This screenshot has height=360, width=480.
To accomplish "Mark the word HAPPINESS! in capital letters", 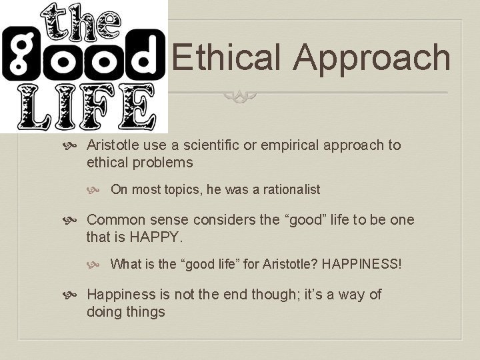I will pos(362,264).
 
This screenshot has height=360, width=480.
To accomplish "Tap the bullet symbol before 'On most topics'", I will pos(99,190).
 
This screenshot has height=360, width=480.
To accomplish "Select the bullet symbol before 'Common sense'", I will pos(75,221).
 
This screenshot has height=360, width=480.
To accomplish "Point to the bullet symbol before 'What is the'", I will pos(99,265).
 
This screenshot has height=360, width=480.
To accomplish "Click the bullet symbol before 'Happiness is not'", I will pos(75,295).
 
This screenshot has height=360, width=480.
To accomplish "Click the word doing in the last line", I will pos(104,312).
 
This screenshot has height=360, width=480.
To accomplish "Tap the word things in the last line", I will pos(145,312).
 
